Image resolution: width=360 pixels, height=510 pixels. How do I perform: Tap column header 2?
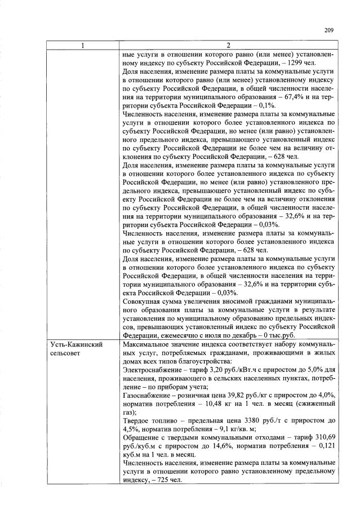[x=228, y=45]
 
